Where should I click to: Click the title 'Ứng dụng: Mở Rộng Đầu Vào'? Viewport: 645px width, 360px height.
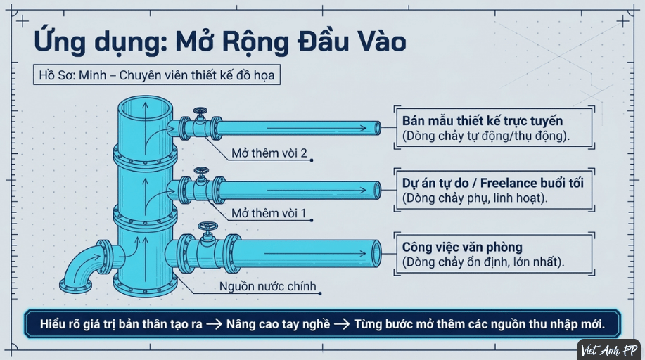coord(219,42)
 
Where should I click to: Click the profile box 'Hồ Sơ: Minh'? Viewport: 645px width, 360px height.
coord(157,75)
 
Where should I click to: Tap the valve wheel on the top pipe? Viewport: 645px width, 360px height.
coord(200,112)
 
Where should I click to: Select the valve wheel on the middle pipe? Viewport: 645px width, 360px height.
coord(201,172)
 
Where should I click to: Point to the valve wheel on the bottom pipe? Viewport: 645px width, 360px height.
coord(207,226)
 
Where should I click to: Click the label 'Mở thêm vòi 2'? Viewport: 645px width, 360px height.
coord(269,153)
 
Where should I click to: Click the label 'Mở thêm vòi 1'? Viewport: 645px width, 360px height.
coord(269,213)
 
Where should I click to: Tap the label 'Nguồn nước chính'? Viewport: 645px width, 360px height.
coord(267,286)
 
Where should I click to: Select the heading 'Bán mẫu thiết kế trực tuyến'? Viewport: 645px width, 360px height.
coord(483,120)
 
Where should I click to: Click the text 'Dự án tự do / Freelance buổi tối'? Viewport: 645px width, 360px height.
coord(493,183)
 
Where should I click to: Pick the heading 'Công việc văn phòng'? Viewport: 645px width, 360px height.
coord(462,247)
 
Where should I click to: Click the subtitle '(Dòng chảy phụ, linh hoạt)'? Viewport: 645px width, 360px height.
coord(475,198)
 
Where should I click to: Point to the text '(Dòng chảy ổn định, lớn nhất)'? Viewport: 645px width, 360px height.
coord(483,262)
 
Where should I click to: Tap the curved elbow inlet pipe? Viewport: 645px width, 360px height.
coord(84,263)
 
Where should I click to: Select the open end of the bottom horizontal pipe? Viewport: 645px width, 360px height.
coord(376,254)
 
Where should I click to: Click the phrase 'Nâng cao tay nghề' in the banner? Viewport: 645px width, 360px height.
coord(278,324)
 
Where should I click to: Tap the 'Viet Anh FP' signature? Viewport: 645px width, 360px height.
coord(609,351)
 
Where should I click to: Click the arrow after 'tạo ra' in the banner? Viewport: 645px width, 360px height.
coord(214,324)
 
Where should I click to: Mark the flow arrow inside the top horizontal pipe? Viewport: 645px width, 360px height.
coord(317,129)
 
